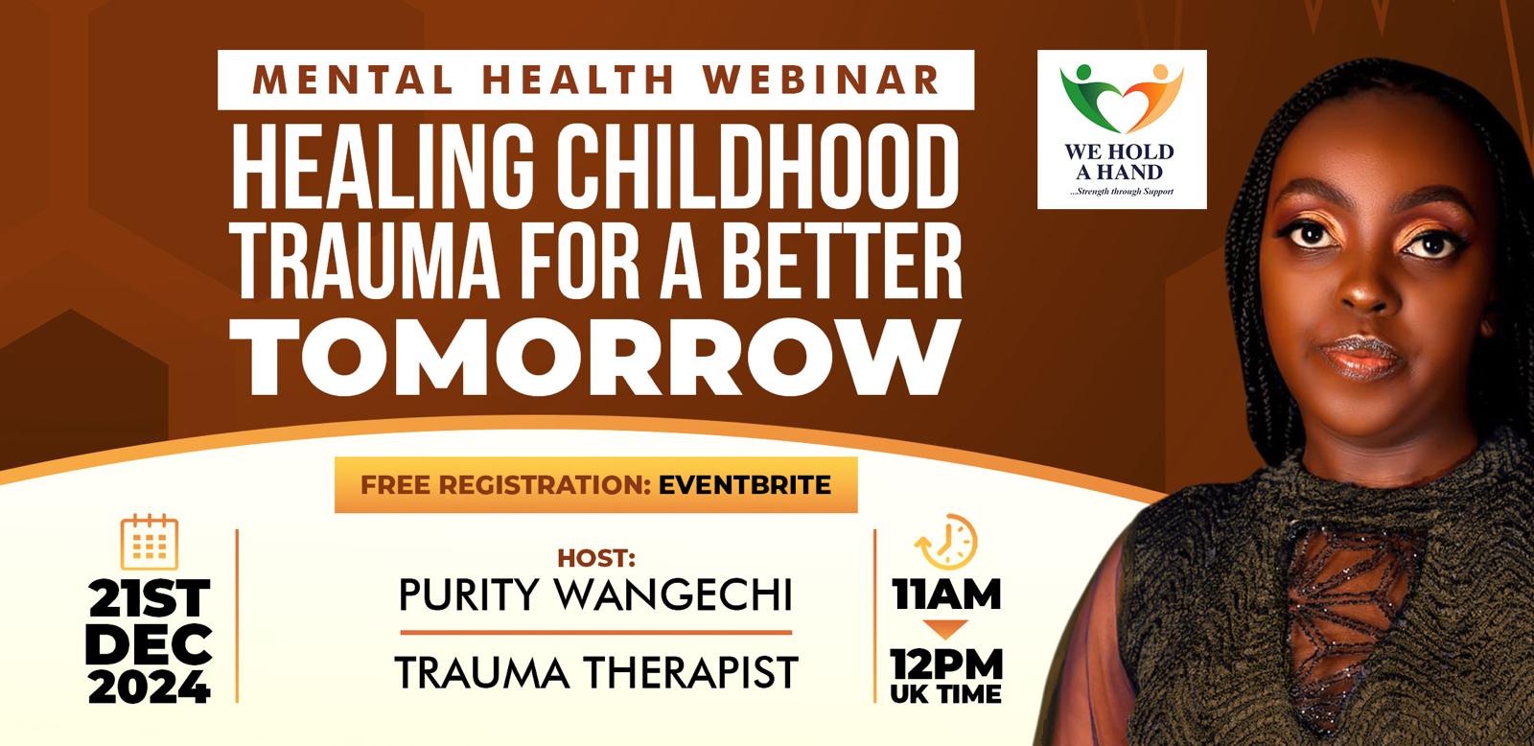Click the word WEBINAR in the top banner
tap(821, 80)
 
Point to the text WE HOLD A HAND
tap(1119, 162)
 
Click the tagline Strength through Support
tap(1122, 191)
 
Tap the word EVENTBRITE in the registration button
tap(745, 485)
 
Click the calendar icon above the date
tap(150, 542)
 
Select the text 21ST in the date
tap(150, 597)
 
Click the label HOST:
tap(596, 558)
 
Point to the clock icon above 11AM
tap(945, 542)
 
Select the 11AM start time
tap(945, 594)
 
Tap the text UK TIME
tap(945, 694)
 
